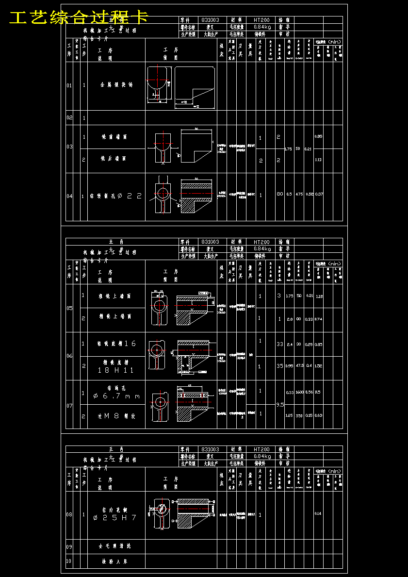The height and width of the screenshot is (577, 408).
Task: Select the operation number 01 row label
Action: pos(69,85)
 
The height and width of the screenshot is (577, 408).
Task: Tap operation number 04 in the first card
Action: pos(69,196)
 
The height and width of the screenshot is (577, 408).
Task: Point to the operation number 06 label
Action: pos(69,356)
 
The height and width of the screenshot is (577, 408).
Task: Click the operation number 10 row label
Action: pos(69,561)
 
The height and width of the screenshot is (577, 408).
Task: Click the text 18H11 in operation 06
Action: pos(115,370)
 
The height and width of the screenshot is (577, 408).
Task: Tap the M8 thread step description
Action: pos(116,416)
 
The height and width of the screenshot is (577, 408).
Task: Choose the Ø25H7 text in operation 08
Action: pos(115,518)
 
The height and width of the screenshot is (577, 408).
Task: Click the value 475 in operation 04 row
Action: pos(299,194)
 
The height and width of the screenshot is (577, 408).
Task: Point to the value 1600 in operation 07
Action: pos(299,392)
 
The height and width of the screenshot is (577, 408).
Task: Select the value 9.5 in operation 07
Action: pos(280,404)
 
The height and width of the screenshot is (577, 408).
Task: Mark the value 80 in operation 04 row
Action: pos(280,194)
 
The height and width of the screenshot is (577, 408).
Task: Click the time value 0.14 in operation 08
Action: pos(318,513)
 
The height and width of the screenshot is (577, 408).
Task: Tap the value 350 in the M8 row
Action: pos(299,415)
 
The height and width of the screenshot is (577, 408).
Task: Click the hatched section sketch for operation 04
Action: pos(196,196)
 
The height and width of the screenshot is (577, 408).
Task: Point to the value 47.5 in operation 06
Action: pos(299,366)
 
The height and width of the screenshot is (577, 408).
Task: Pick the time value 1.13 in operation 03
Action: pos(318,159)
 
